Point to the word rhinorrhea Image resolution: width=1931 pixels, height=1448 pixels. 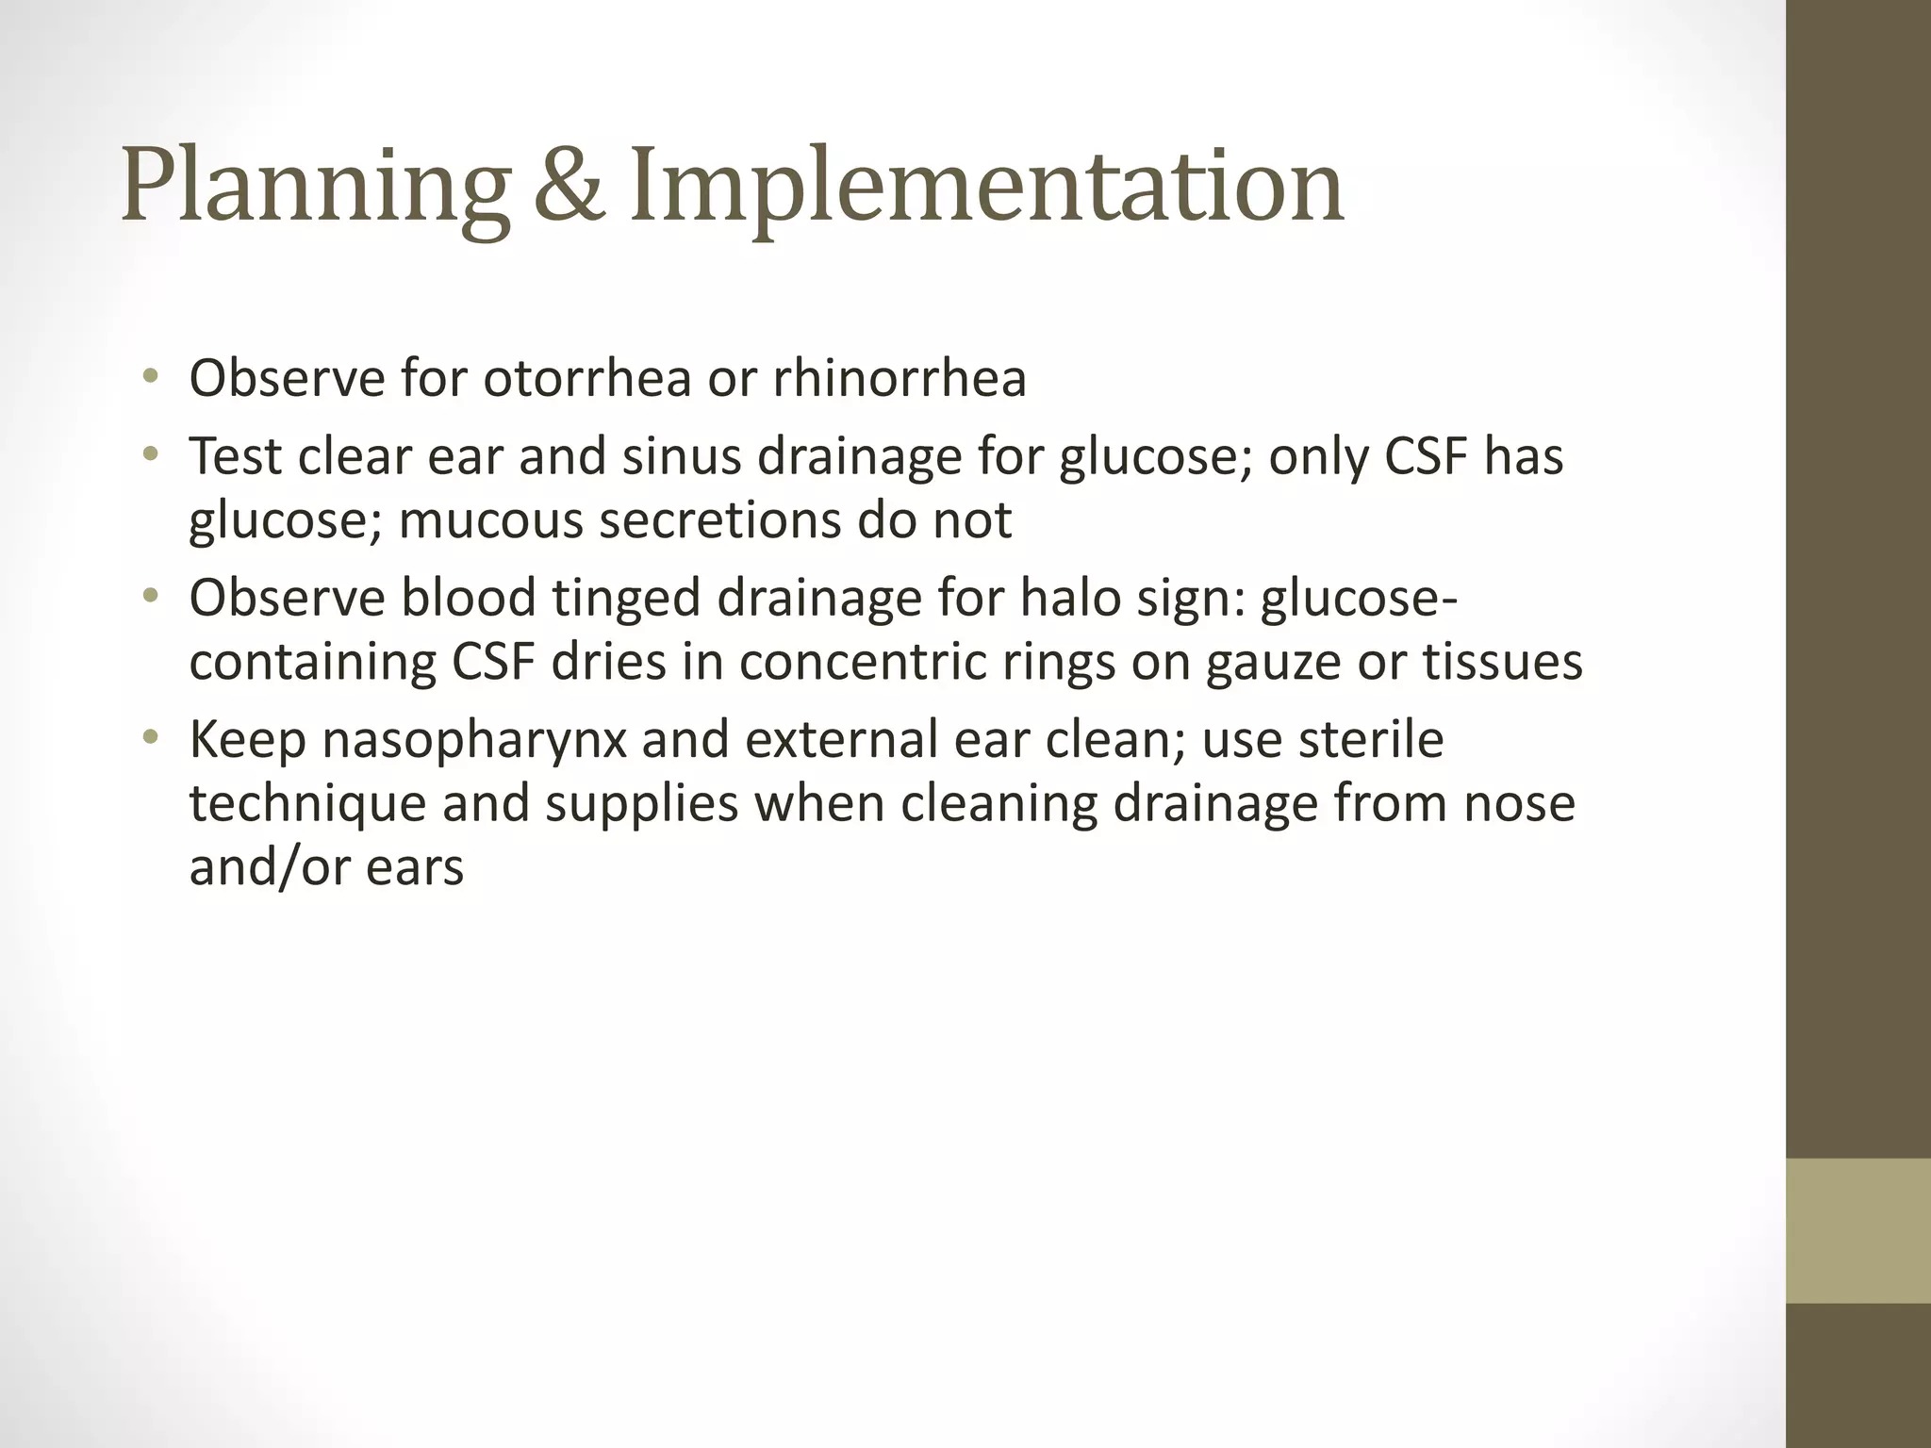[x=899, y=379]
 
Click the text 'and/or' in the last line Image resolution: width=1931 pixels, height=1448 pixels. [x=270, y=867]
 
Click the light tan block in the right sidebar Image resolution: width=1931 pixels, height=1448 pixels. [x=1858, y=1230]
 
